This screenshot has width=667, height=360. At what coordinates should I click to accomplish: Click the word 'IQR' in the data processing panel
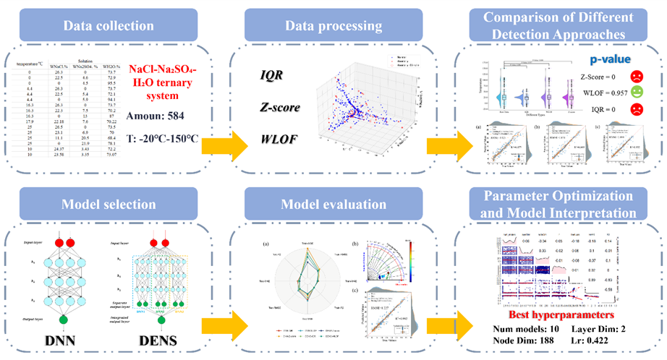(x=273, y=74)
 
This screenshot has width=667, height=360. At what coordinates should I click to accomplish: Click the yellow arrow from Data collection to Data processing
(x=217, y=128)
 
